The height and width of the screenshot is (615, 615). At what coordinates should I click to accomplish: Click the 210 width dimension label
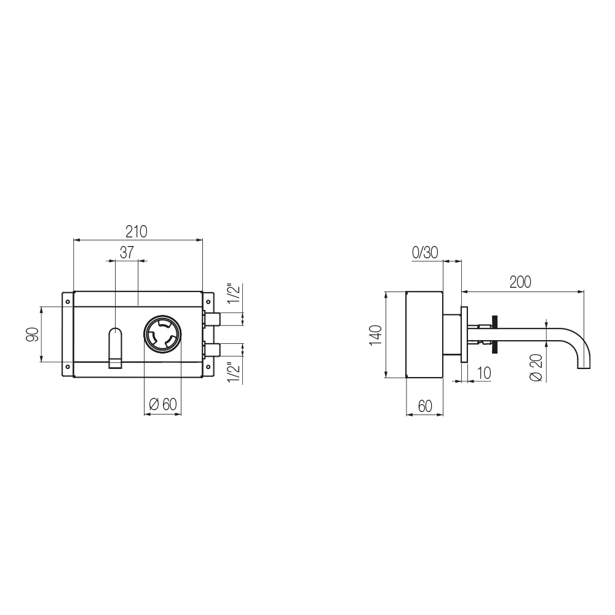click(x=137, y=231)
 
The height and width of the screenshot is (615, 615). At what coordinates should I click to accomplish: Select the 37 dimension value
click(x=127, y=252)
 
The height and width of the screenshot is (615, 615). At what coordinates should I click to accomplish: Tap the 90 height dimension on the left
click(x=33, y=334)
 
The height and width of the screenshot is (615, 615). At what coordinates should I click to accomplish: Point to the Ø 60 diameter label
click(x=163, y=404)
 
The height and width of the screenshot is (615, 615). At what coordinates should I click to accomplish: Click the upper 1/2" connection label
click(x=234, y=293)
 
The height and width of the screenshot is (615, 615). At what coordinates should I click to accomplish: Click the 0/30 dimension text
click(x=425, y=253)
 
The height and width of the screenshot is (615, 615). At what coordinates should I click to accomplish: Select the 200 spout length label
click(x=520, y=282)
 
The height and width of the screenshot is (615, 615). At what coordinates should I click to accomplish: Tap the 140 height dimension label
click(x=376, y=335)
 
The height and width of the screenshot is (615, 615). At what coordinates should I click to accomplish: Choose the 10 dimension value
click(x=485, y=373)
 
